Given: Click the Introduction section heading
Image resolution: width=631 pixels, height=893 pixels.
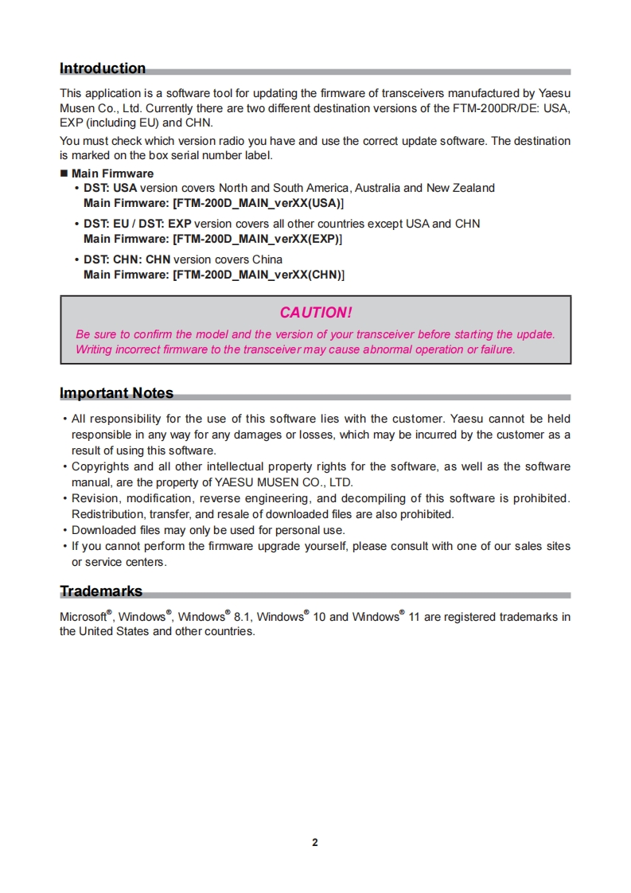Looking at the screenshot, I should pos(103,68).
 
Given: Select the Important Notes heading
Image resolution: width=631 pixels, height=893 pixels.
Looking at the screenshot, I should pos(116,393).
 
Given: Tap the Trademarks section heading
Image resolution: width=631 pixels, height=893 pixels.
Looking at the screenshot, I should pos(101,591).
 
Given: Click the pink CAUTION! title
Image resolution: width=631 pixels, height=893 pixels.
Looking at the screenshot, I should pos(315,313).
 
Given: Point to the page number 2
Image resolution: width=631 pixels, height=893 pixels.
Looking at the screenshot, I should pos(315,843).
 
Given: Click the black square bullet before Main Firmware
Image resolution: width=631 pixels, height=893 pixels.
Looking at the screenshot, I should pos(64,174).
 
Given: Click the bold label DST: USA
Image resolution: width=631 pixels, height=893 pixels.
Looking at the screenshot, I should pos(111,188).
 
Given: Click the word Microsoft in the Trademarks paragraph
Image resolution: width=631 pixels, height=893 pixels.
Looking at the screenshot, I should pos(84,617).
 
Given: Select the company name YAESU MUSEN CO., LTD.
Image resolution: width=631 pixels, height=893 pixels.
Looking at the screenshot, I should pos(284,482).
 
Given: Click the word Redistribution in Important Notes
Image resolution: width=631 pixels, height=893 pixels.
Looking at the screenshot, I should pos(107,514).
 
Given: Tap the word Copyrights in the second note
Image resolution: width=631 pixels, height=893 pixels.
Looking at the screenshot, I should pos(100,466).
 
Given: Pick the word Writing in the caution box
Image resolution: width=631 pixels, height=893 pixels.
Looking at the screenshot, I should pos(94,349).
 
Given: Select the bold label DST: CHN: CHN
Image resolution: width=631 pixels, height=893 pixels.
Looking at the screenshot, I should pos(127,259).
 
